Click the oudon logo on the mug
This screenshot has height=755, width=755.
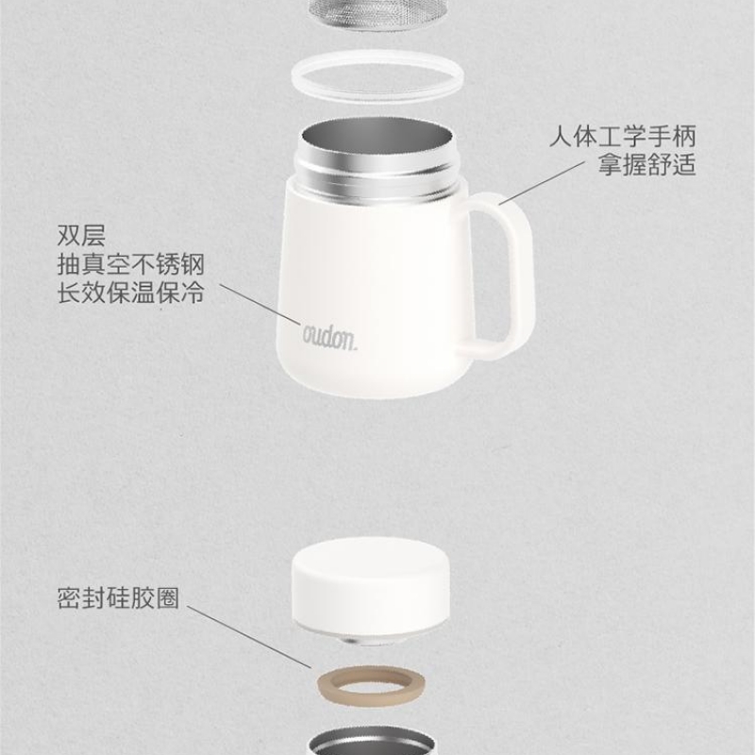coord(329,337)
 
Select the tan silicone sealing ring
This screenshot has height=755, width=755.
coord(371,686)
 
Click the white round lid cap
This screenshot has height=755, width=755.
coord(371,588)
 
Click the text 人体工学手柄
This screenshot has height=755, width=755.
coord(623,136)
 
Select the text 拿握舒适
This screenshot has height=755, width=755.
coord(647,164)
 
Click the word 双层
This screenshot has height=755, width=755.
coord(81,235)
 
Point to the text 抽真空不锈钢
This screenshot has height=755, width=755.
coord(131,264)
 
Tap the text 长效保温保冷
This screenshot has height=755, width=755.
coord(131,293)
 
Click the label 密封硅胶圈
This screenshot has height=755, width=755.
coord(118,598)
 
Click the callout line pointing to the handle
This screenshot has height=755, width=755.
coord(542,182)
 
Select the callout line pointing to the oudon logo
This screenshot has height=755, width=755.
coord(260,304)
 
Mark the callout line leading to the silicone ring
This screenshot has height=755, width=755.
coord(249,636)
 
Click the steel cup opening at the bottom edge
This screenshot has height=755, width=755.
coord(371,743)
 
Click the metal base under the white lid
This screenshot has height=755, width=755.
coord(371,640)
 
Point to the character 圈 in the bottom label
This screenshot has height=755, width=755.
coord(167,598)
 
